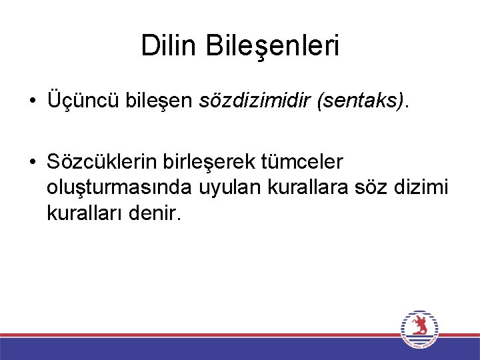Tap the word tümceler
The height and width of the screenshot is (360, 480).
pyautogui.click(x=306, y=162)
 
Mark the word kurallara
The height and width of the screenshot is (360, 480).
pyautogui.click(x=299, y=188)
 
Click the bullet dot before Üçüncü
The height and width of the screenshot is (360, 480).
pyautogui.click(x=33, y=101)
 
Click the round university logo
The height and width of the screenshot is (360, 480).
pyautogui.click(x=419, y=329)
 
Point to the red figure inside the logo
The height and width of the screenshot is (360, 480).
pyautogui.click(x=419, y=325)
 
